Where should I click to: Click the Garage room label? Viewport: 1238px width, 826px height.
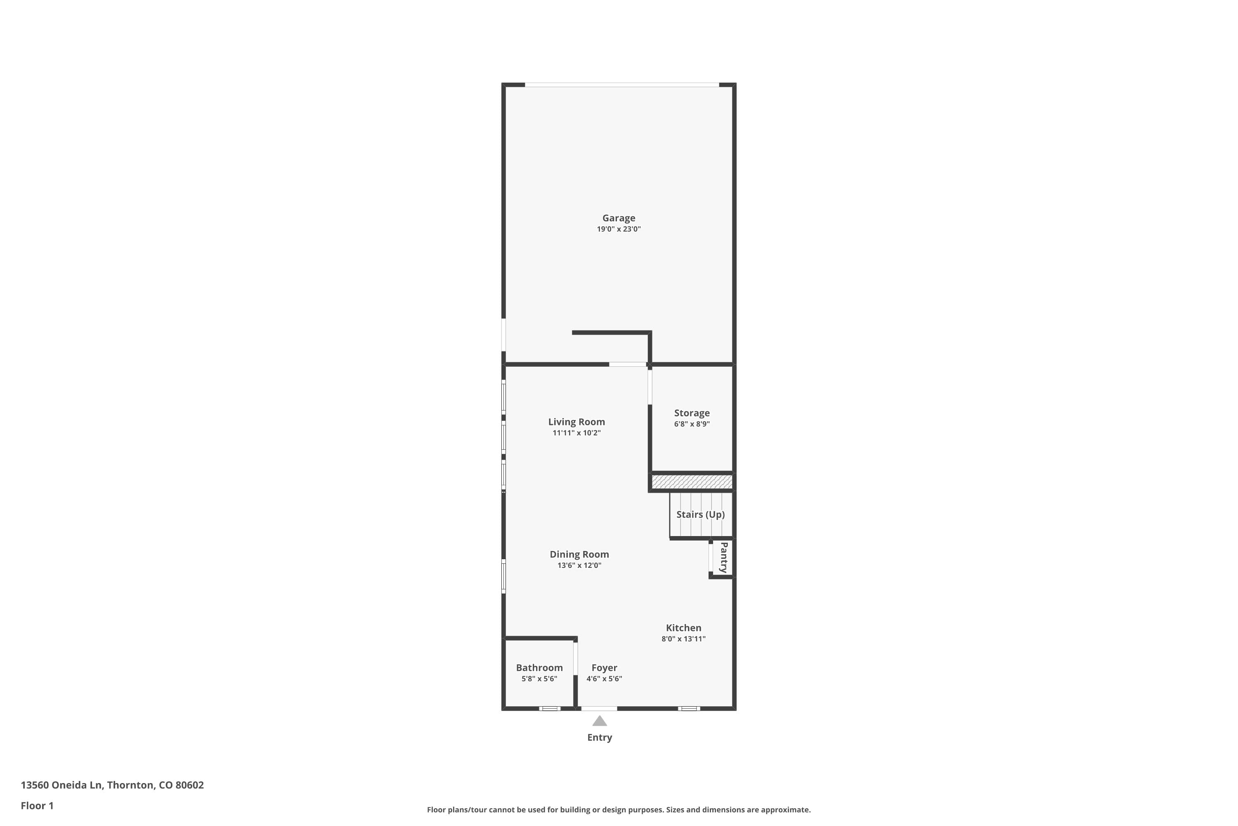(x=619, y=218)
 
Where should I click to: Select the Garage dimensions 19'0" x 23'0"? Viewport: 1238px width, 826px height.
(x=619, y=229)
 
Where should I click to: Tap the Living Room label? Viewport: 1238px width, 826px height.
(x=576, y=422)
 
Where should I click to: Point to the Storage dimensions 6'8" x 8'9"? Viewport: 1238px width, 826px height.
(x=692, y=424)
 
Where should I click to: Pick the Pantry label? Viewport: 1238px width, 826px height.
(x=724, y=557)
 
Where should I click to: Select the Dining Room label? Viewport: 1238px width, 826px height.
(x=579, y=554)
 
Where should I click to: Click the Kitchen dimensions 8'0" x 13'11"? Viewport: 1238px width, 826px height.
(x=683, y=639)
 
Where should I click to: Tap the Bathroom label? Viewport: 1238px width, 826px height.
(x=539, y=668)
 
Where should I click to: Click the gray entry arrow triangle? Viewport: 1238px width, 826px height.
(x=600, y=721)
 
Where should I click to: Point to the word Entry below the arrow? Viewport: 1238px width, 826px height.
(x=600, y=738)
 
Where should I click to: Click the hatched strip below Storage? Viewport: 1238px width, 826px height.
(x=692, y=482)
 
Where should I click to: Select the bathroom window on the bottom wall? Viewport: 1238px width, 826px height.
(x=550, y=709)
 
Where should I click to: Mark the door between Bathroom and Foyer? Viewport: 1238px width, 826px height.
(x=575, y=658)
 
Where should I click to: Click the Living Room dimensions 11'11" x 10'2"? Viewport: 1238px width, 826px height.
(x=576, y=433)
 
